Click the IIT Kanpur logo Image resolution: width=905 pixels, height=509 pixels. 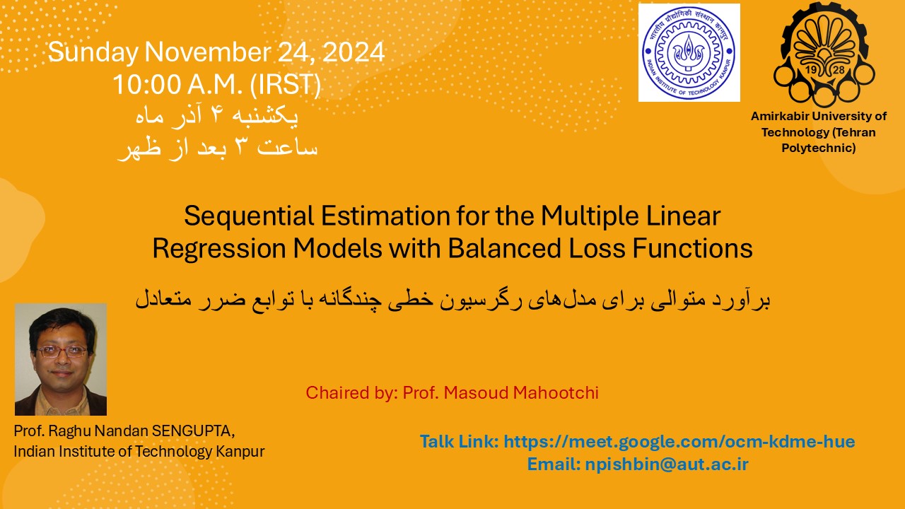coord(689,52)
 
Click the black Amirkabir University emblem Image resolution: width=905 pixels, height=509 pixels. coord(824,54)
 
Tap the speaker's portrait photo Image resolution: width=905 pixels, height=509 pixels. coord(61,360)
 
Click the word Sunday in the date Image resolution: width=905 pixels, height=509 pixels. coord(93,53)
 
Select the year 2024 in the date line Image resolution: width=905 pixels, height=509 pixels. coord(354,52)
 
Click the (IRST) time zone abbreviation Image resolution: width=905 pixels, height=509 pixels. coord(286,86)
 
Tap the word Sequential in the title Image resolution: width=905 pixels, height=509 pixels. coord(249,216)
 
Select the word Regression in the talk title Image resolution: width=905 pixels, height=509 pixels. coord(219,248)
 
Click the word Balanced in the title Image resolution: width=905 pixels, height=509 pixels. coord(505,248)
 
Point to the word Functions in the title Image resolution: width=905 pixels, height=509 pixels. coord(692,248)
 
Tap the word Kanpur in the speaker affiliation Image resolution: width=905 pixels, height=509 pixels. coord(240,452)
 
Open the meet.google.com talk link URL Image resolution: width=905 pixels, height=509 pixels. coord(679,442)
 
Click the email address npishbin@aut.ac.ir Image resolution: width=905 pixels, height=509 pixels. coord(667,464)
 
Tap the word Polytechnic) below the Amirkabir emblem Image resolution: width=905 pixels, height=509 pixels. coord(819,148)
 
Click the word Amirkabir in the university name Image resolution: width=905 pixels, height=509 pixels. coord(780,117)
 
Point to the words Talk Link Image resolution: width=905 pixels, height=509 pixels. coord(460,442)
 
